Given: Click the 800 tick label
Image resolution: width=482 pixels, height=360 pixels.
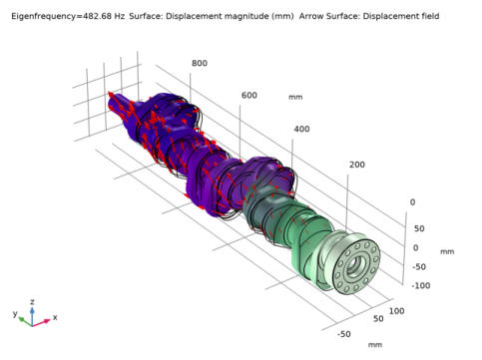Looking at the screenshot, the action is coord(200,63).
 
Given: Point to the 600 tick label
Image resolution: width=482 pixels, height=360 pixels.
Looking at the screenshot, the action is coord(249,96).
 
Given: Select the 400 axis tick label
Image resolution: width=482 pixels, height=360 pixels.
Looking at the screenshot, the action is coord(301,129).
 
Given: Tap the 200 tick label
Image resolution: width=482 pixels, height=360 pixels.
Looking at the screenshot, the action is coord(357,165).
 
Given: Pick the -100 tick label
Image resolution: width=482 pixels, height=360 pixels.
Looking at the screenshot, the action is coord(421,285).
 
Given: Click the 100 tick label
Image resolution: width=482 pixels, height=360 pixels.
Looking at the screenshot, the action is coord(396,311).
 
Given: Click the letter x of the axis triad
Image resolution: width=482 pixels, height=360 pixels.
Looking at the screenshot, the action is coord(55,317).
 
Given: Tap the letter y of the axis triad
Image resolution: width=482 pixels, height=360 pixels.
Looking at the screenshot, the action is coord(15,313).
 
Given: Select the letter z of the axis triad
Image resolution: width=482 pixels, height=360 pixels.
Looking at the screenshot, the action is coord(32,302).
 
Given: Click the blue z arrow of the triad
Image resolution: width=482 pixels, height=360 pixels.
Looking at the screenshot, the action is coord(32,316).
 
